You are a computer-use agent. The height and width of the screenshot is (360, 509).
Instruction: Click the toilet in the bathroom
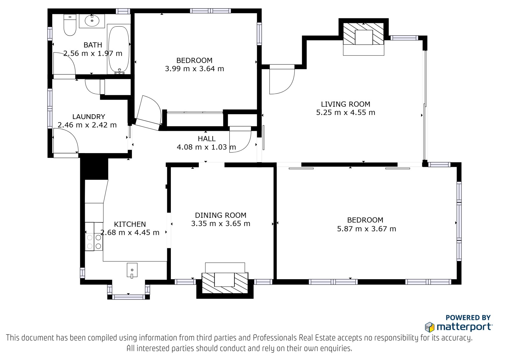[70, 25]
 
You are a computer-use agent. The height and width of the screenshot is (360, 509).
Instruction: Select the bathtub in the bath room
[119, 50]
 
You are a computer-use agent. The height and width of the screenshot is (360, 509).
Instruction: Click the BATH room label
[93, 45]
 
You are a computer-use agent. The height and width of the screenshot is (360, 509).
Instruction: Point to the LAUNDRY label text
[89, 117]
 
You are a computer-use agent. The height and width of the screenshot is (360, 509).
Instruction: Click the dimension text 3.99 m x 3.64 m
[194, 69]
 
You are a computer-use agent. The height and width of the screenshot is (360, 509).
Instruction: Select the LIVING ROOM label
[345, 104]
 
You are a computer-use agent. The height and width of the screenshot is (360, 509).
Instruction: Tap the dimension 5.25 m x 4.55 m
[345, 113]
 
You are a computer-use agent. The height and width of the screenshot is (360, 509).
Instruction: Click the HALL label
[206, 138]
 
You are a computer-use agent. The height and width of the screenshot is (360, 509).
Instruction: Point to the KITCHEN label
[130, 224]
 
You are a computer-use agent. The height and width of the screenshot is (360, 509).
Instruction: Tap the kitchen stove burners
[94, 242]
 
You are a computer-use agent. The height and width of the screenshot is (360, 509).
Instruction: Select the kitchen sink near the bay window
[132, 271]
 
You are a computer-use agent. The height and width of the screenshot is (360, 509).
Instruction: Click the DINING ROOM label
[221, 215]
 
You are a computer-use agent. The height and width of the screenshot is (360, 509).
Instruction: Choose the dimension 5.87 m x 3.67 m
[366, 229]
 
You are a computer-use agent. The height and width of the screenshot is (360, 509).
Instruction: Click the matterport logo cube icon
[430, 327]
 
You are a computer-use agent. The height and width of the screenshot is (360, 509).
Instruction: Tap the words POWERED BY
[468, 317]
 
